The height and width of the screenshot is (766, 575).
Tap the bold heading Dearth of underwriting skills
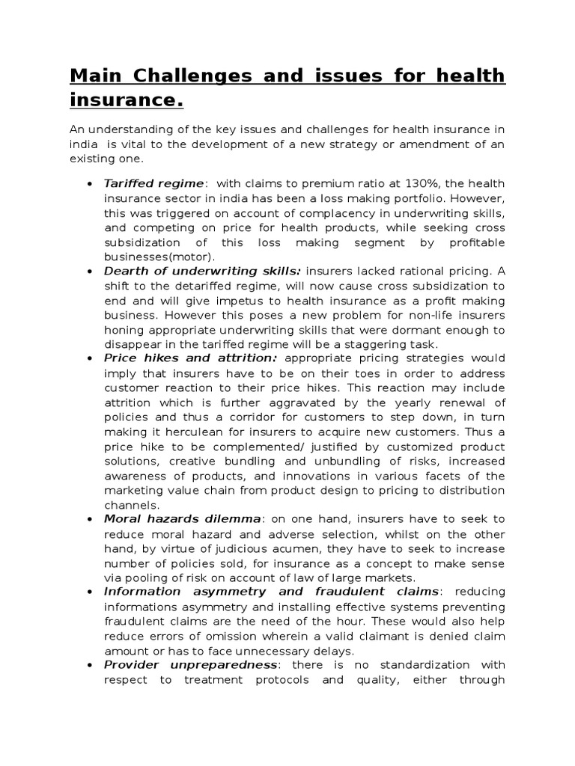tap(202, 271)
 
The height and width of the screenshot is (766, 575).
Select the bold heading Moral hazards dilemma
tap(183, 518)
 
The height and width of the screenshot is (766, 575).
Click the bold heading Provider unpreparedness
tap(191, 664)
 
